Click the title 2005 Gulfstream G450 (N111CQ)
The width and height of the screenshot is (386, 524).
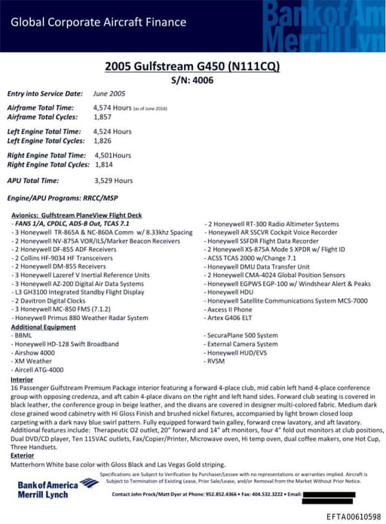click(x=193, y=67)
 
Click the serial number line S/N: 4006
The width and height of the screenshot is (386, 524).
click(x=193, y=80)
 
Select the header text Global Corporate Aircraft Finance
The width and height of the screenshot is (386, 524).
click(x=98, y=22)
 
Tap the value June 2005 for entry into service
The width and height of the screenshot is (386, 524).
click(x=109, y=94)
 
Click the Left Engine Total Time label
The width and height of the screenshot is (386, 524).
click(x=43, y=132)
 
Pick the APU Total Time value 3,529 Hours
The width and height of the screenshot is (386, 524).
click(x=113, y=181)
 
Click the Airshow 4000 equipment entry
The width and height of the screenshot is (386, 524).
click(x=35, y=352)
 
